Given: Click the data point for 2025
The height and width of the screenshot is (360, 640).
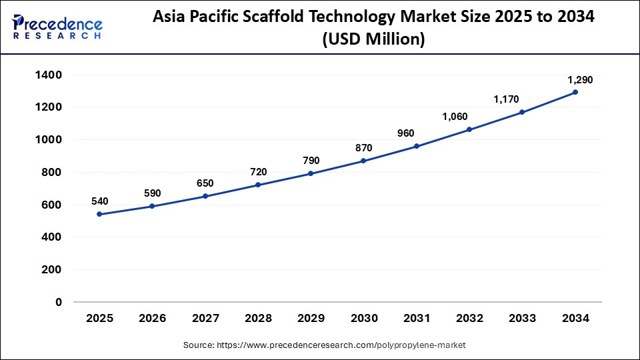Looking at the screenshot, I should [x=99, y=214].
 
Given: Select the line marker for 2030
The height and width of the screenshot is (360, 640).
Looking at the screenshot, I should [x=363, y=161].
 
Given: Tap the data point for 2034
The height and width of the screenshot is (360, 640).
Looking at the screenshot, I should [x=575, y=92].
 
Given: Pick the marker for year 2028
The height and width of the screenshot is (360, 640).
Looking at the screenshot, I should [x=258, y=185].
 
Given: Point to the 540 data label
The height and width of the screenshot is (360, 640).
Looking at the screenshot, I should [x=99, y=201].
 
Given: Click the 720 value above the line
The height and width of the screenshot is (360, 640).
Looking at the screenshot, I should [x=258, y=172].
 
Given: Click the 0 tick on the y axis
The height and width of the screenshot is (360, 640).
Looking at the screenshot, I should [x=59, y=302].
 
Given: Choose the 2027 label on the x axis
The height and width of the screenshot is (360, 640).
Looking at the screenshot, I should [x=205, y=319].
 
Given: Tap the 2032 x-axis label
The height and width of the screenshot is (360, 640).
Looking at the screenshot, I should [x=469, y=319].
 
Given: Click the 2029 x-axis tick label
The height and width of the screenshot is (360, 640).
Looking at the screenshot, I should [x=311, y=319].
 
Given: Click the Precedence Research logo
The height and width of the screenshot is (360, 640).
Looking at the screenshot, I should [x=57, y=27].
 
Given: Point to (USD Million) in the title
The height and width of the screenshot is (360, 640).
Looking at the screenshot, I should [x=373, y=39].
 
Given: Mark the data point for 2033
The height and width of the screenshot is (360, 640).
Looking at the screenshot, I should [x=522, y=112].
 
